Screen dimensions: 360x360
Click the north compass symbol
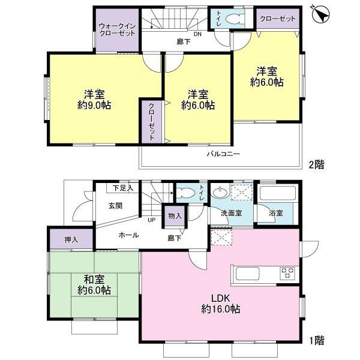click(x=321, y=14)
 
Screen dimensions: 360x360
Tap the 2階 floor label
click(x=316, y=164)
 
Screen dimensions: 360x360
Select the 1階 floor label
click(x=317, y=340)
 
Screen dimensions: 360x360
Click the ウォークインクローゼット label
click(x=118, y=29)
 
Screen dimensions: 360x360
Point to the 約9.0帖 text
click(x=94, y=106)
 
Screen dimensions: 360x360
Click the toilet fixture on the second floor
click(x=234, y=19)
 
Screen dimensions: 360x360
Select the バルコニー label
click(x=223, y=154)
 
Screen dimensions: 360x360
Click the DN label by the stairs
click(x=197, y=34)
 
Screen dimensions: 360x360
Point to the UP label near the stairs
click(x=151, y=220)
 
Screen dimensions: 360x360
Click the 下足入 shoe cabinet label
click(x=123, y=188)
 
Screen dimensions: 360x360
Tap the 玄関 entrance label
click(x=115, y=206)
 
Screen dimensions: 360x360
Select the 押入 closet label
click(x=71, y=240)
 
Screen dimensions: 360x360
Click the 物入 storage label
click(x=175, y=216)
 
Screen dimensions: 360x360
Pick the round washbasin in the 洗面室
click(x=220, y=191)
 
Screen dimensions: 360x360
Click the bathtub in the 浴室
click(x=278, y=193)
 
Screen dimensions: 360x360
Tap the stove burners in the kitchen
click(x=287, y=273)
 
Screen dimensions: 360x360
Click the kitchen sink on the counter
click(x=247, y=274)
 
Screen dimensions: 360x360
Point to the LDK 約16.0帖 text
click(x=221, y=304)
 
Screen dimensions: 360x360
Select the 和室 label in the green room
click(x=94, y=280)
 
